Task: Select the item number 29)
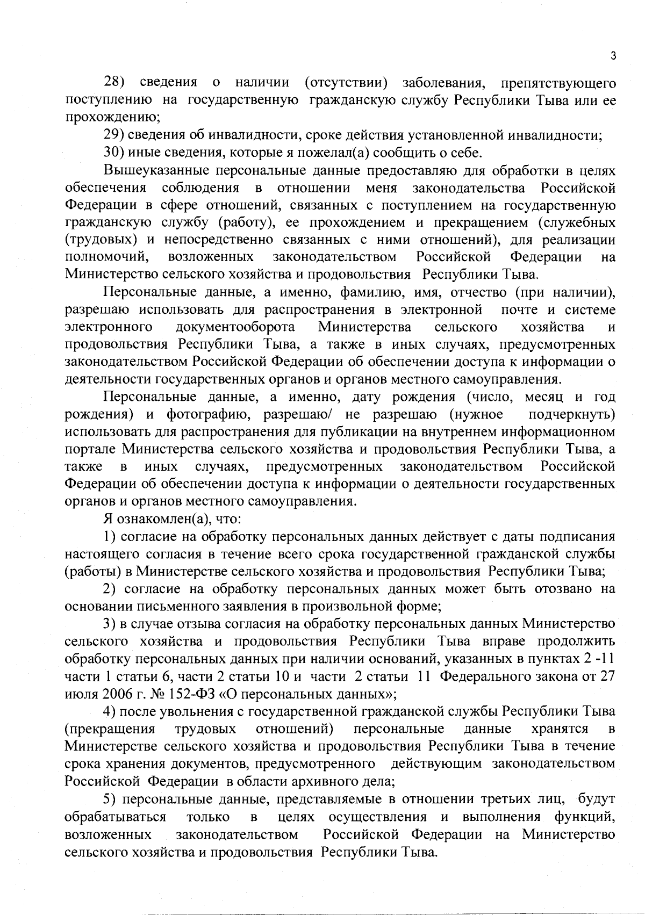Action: tap(114, 135)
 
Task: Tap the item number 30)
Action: tap(114, 153)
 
